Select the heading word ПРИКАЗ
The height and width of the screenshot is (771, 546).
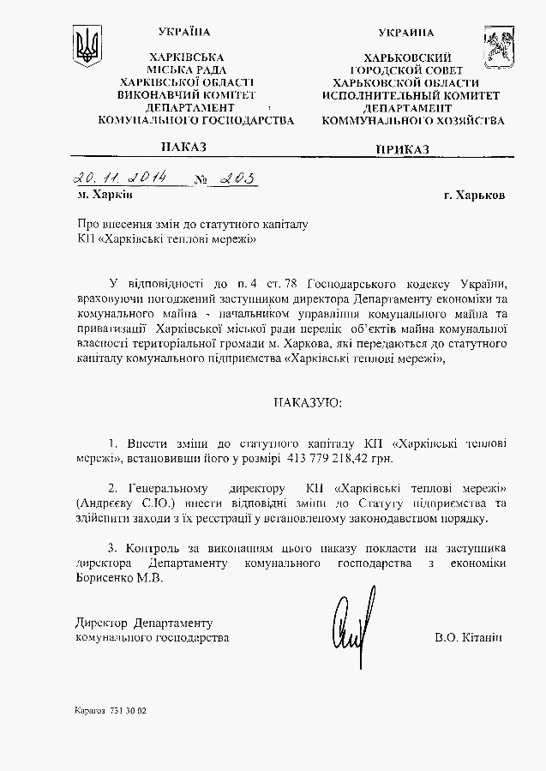click(402, 150)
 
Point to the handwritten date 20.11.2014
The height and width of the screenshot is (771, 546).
click(120, 178)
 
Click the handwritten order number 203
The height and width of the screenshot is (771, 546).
click(237, 179)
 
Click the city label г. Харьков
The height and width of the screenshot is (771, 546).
click(474, 195)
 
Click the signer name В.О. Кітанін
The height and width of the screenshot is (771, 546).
click(468, 638)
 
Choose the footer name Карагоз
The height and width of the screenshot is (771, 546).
click(90, 711)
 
